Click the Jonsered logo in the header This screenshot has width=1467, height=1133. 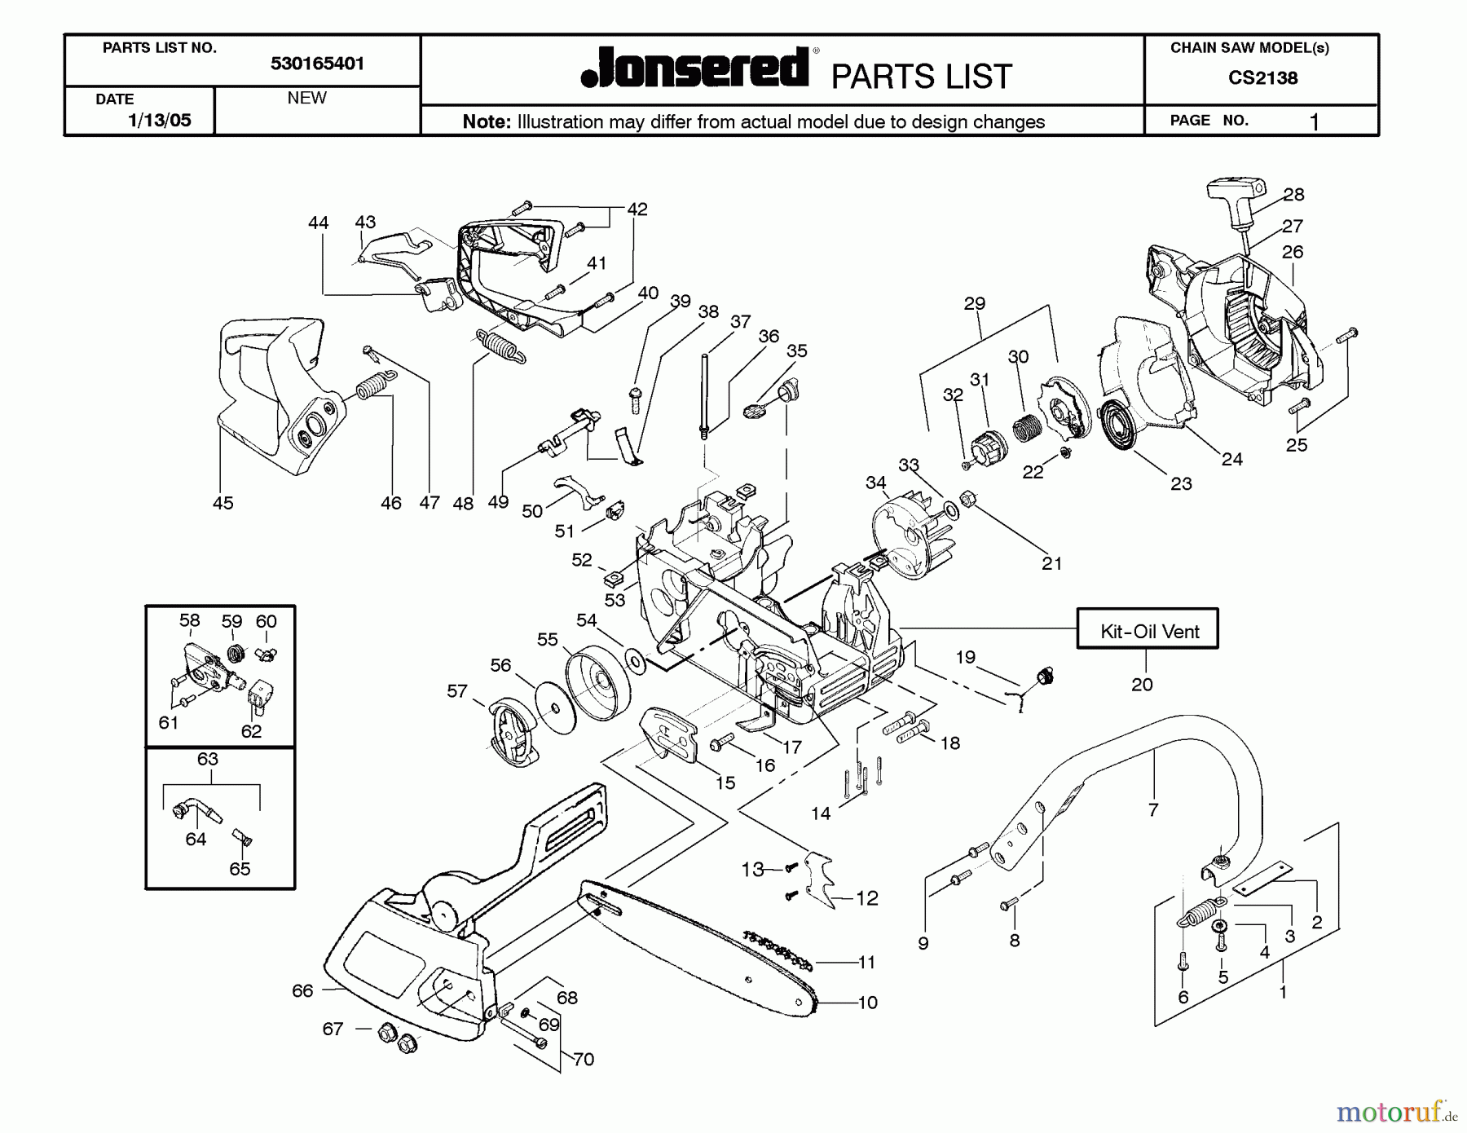pyautogui.click(x=695, y=68)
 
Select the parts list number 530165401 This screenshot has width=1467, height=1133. pyautogui.click(x=317, y=64)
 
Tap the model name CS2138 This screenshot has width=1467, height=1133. pyautogui.click(x=1262, y=78)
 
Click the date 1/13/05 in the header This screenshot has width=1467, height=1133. pyautogui.click(x=160, y=121)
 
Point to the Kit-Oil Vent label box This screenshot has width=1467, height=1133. pyautogui.click(x=1148, y=630)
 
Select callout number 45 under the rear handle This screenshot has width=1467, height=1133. pyautogui.click(x=222, y=503)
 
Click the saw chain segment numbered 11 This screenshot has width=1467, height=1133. pyautogui.click(x=778, y=951)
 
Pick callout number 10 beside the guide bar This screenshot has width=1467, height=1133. pyautogui.click(x=867, y=1003)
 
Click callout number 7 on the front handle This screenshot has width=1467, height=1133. pyautogui.click(x=1152, y=809)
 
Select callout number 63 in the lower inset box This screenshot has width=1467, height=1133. pyautogui.click(x=208, y=759)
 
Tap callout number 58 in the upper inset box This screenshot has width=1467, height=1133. pyautogui.click(x=189, y=620)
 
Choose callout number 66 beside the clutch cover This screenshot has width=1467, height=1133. pyautogui.click(x=302, y=990)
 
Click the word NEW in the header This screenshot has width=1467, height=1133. pyautogui.click(x=306, y=98)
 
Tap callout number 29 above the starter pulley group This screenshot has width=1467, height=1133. pyautogui.click(x=974, y=303)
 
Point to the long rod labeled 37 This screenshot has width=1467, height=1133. pyautogui.click(x=703, y=395)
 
